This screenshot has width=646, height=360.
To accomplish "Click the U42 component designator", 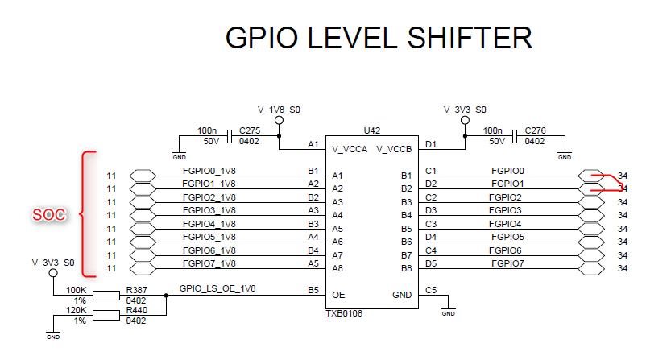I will [x=371, y=130].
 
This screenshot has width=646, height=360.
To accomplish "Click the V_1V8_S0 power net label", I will [x=278, y=108].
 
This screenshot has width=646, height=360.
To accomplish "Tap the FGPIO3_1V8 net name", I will [x=209, y=210].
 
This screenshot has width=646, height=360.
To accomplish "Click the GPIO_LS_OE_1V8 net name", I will [x=218, y=287].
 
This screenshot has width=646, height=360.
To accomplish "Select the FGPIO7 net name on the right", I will [x=507, y=263].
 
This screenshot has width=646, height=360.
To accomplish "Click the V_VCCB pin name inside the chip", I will [x=395, y=149].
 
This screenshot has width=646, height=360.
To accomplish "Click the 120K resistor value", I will [x=77, y=310].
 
